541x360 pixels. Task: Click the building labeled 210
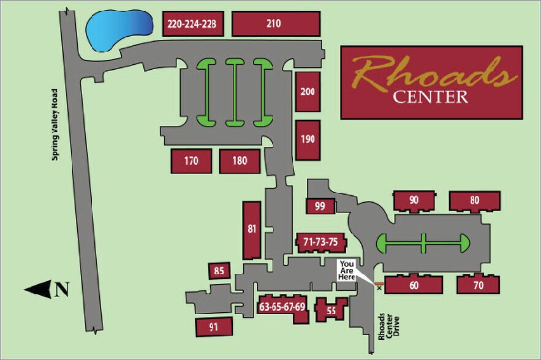click(x=276, y=24)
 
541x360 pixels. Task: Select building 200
click(x=308, y=92)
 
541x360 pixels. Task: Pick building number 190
click(x=308, y=139)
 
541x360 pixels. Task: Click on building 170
click(x=191, y=162)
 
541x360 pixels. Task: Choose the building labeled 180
click(x=240, y=162)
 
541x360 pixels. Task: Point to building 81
click(x=252, y=230)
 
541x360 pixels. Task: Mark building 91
click(x=214, y=327)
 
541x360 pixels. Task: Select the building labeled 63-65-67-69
click(x=282, y=306)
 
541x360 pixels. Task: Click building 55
click(x=331, y=310)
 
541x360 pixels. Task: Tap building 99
click(x=320, y=206)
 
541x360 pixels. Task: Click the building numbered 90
click(x=414, y=201)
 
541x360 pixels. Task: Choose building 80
click(x=475, y=201)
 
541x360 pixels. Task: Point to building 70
click(x=478, y=285)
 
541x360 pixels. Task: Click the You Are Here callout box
click(x=348, y=270)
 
